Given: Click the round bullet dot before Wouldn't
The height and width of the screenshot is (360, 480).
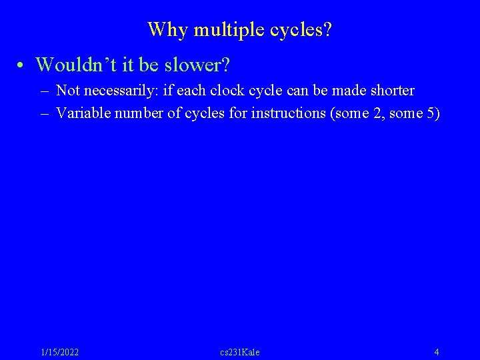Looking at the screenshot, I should click(x=22, y=65).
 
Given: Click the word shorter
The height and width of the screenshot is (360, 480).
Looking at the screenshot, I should click(x=390, y=90).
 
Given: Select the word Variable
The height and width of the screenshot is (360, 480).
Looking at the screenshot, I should click(x=83, y=113).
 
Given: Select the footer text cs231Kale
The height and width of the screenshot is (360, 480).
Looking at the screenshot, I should click(x=240, y=352).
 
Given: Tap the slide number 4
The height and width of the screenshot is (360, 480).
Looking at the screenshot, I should click(x=436, y=352).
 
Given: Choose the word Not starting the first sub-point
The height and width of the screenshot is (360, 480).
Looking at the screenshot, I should click(x=68, y=90).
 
